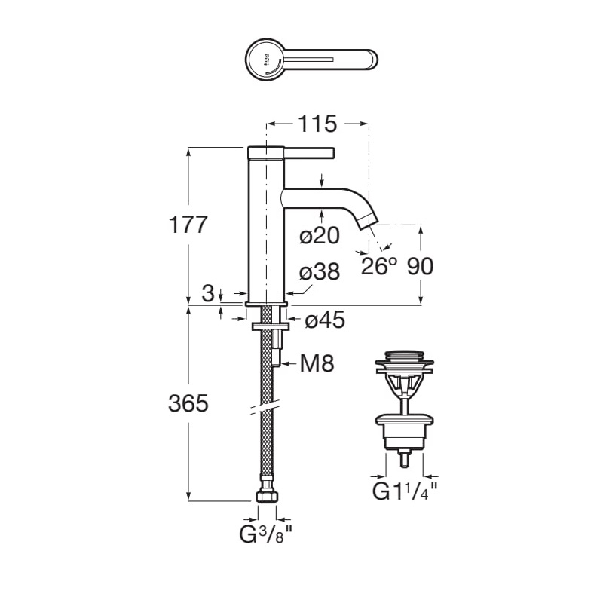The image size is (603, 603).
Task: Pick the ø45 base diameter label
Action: [324, 320]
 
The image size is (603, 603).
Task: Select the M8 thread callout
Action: [317, 364]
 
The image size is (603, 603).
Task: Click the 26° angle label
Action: [378, 267]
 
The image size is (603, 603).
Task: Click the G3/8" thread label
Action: [265, 537]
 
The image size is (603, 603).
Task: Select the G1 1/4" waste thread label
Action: [405, 493]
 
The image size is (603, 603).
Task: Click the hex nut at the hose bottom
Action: [266, 497]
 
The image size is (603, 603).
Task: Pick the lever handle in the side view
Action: [309, 152]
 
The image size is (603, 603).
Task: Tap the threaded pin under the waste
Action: [405, 457]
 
